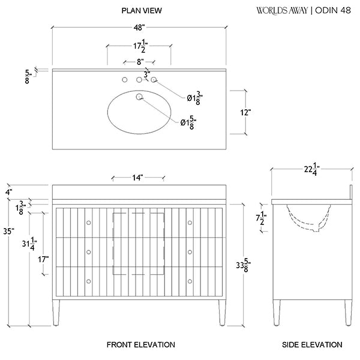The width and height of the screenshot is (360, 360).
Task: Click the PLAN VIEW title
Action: [x=142, y=11]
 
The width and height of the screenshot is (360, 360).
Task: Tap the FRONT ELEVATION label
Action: [x=141, y=344]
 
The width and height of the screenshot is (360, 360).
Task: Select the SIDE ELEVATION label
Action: [x=312, y=344]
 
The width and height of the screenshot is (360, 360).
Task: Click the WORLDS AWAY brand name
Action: [x=282, y=10]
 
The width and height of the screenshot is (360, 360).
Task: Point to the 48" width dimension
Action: [x=139, y=28]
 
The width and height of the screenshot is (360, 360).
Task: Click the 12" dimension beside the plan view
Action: [x=245, y=112]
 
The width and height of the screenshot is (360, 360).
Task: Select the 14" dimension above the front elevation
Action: [x=139, y=178]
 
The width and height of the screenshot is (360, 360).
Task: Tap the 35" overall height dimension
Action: [x=8, y=230]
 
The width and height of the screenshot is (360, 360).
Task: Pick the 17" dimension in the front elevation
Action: [x=43, y=259]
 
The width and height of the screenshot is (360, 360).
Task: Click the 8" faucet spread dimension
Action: [x=139, y=62]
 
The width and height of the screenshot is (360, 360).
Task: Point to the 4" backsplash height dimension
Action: [x=8, y=192]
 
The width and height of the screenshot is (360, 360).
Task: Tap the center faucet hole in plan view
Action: [x=139, y=79]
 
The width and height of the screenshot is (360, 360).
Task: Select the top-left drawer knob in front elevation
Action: [x=89, y=223]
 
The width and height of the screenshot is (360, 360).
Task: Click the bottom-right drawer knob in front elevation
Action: [x=190, y=280]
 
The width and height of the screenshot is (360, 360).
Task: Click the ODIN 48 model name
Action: [x=335, y=10]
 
